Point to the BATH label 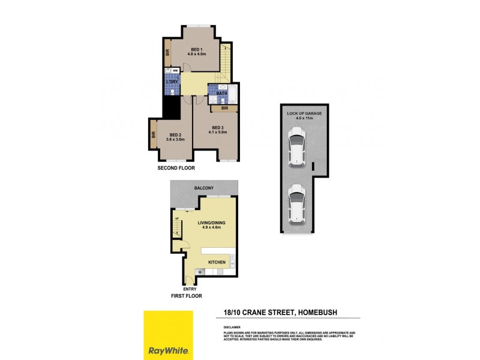[221, 94]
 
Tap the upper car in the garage [297, 147]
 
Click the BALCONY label [204, 188]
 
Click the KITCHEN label [217, 263]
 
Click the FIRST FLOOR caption [185, 296]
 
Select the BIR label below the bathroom [224, 109]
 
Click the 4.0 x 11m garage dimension [302, 118]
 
